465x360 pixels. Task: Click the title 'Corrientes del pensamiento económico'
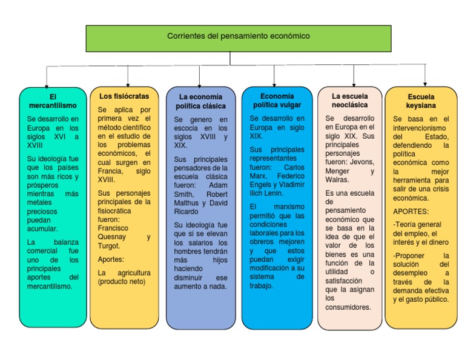pyautogui.click(x=238, y=36)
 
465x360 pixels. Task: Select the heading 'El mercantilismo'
pyautogui.click(x=53, y=101)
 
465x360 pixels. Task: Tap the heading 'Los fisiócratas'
pyautogui.click(x=119, y=96)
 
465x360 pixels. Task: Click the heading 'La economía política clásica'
pyautogui.click(x=200, y=101)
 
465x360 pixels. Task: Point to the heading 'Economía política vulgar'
pyautogui.click(x=277, y=101)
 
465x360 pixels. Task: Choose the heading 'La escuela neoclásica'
pyautogui.click(x=349, y=101)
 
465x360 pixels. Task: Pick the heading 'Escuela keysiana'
pyautogui.click(x=421, y=101)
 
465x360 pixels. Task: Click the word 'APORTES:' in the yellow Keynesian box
pyautogui.click(x=411, y=212)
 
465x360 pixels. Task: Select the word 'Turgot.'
pyautogui.click(x=109, y=246)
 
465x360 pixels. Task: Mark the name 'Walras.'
pyautogui.click(x=337, y=179)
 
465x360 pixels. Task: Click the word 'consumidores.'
pyautogui.click(x=348, y=307)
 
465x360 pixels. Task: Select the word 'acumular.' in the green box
pyautogui.click(x=42, y=228)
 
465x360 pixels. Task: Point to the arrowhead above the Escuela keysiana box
pyautogui.click(x=424, y=83)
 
